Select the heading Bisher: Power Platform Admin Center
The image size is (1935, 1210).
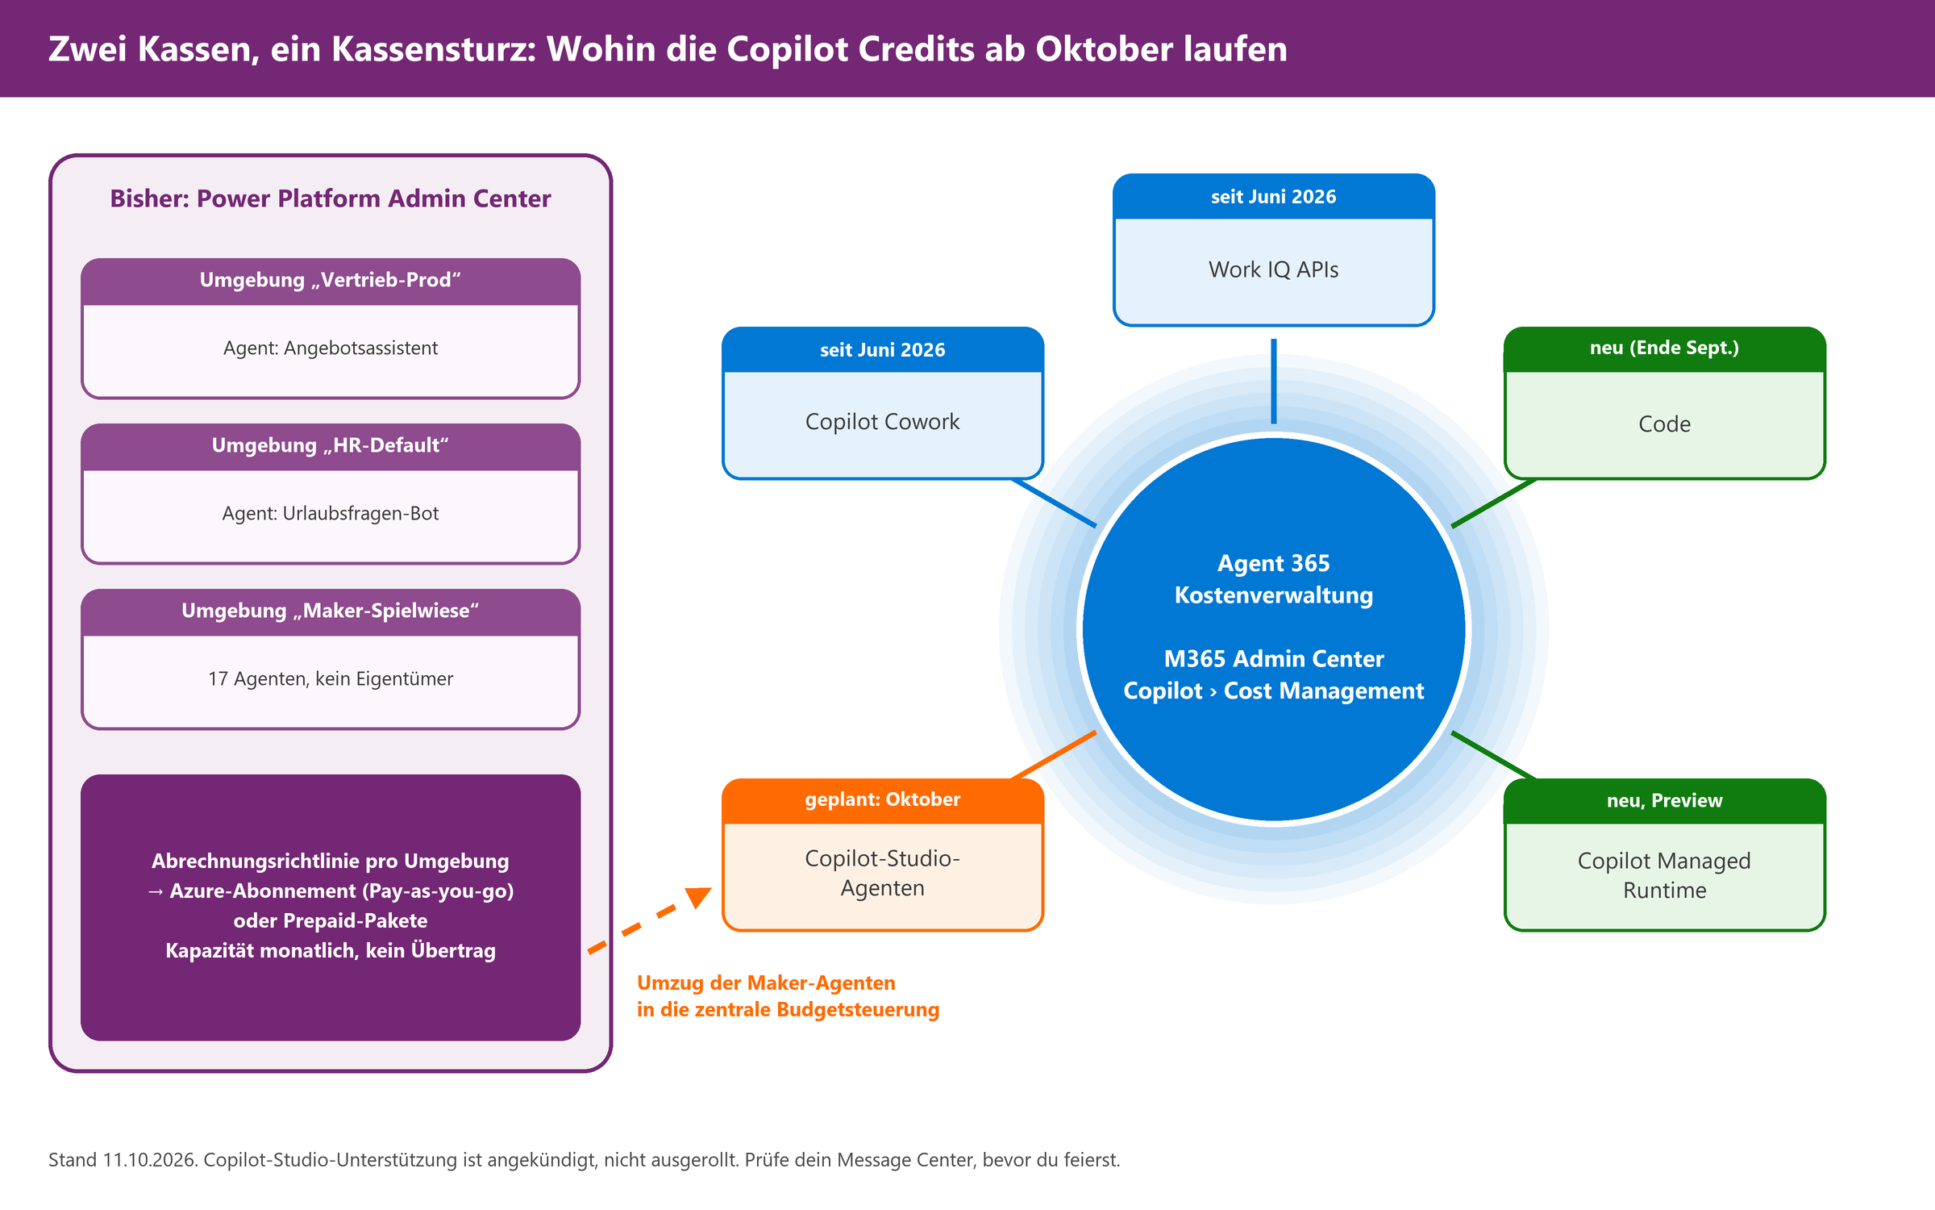pos(331,198)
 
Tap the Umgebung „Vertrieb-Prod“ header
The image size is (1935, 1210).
pos(331,281)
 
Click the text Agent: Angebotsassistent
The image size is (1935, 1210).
pos(331,348)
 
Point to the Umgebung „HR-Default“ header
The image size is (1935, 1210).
pos(331,446)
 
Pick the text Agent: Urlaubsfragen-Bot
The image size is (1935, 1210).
pos(331,514)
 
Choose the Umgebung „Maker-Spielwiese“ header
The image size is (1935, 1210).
pos(331,611)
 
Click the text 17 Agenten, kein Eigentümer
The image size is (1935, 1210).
pos(331,679)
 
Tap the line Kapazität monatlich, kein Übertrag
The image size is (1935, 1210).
pos(331,950)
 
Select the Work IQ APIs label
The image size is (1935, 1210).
pos(1273,269)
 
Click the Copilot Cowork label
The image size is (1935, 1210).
pos(882,422)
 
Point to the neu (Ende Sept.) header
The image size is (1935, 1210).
pos(1664,348)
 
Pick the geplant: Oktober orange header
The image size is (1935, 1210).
pos(882,800)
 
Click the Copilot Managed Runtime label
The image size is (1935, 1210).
pos(1664,875)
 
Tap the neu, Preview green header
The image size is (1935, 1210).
pos(1664,800)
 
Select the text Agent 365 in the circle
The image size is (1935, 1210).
pos(1273,563)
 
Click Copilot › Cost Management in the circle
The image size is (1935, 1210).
pos(1273,691)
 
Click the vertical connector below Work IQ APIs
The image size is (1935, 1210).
pos(1274,381)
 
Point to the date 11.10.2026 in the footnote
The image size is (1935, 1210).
pos(150,1160)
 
